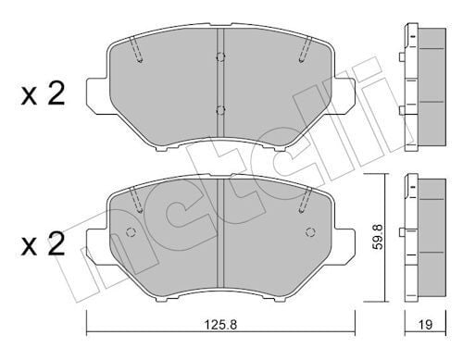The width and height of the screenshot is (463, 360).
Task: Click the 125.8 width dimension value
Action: click(219, 326)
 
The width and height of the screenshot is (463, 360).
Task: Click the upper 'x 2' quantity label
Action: click(42, 94)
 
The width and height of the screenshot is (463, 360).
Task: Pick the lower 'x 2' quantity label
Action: click(42, 245)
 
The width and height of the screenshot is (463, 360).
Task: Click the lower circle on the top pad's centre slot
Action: click(219, 112)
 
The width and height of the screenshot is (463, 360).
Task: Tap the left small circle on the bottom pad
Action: click(130, 232)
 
